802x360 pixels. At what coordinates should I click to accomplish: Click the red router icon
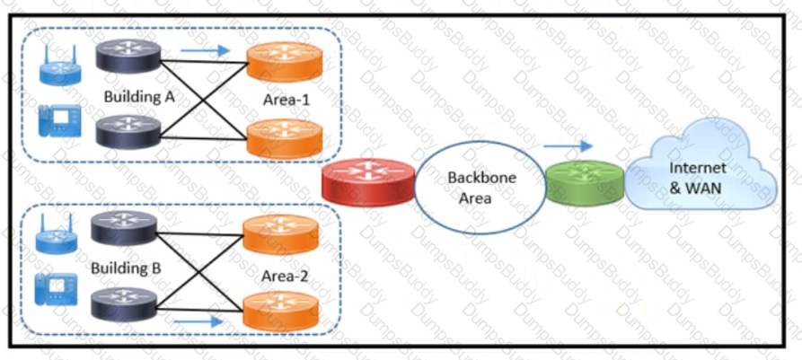click(x=368, y=182)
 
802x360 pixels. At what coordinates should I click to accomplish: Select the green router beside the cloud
click(x=586, y=183)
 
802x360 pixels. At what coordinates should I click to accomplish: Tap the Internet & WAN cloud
click(x=701, y=177)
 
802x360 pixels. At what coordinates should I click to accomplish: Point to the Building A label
click(x=139, y=97)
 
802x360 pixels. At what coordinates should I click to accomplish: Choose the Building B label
click(x=127, y=268)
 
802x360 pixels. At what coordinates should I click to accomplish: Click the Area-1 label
click(x=286, y=100)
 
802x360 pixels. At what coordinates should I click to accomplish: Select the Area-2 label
click(x=285, y=277)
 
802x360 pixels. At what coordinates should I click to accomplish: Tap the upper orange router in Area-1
click(x=285, y=62)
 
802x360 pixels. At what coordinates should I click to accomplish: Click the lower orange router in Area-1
click(x=285, y=138)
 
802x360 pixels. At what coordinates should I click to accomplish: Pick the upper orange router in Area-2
click(x=280, y=234)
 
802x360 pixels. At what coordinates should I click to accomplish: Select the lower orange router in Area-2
click(x=280, y=311)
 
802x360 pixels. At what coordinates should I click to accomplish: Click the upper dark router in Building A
click(x=129, y=56)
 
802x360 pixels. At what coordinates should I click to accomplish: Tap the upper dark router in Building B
click(x=124, y=229)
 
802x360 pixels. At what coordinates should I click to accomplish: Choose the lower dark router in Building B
click(x=124, y=304)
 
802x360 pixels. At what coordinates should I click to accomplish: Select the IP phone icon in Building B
click(x=57, y=290)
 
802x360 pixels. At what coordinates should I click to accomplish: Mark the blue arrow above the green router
click(x=568, y=146)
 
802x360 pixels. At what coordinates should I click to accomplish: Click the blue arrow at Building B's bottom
click(x=199, y=321)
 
